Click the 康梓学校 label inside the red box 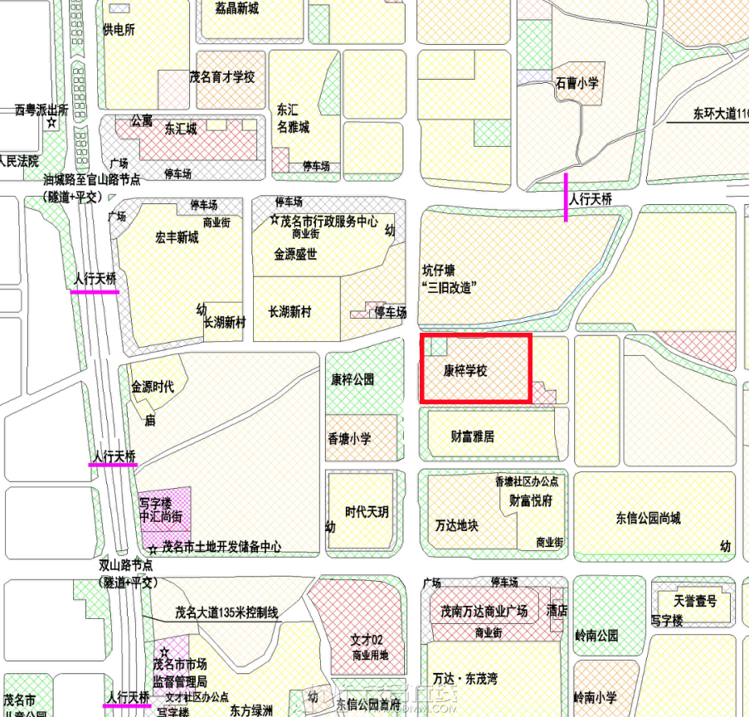[x=464, y=371]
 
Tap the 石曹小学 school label [x=577, y=82]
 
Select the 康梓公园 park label [x=353, y=379]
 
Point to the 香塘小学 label [x=349, y=439]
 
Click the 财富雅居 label [x=472, y=436]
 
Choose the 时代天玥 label [x=367, y=512]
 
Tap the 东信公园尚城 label [x=648, y=519]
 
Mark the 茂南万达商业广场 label [x=484, y=612]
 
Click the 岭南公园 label [x=596, y=636]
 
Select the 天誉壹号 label [x=695, y=601]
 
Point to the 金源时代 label [x=153, y=387]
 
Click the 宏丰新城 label [x=177, y=238]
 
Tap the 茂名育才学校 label [x=222, y=77]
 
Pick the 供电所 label [x=119, y=30]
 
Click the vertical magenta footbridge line [x=566, y=198]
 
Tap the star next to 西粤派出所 [x=51, y=124]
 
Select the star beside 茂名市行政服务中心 [x=275, y=221]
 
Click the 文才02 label [x=365, y=640]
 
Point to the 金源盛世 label [x=295, y=255]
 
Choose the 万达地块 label [x=456, y=525]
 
